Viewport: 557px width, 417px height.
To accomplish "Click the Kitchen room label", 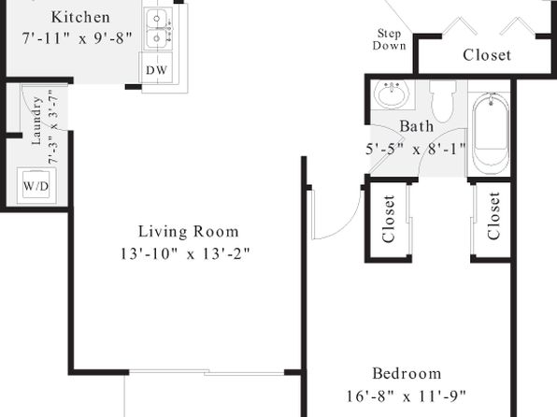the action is tap(80, 17).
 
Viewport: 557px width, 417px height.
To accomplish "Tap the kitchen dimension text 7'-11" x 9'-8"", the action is tap(77, 38).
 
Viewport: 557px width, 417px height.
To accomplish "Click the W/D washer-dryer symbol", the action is tap(36, 185).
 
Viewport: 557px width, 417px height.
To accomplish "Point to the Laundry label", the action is tap(36, 121).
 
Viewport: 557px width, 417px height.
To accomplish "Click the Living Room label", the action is tap(188, 232).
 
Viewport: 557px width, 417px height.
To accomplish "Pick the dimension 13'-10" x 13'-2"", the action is tap(185, 253).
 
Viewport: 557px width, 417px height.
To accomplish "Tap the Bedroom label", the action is tap(407, 374).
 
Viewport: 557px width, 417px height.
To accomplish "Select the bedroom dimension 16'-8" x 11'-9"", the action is tap(406, 395).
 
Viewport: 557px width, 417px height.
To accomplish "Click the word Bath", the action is tap(417, 126).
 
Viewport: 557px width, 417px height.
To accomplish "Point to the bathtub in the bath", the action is tap(490, 134).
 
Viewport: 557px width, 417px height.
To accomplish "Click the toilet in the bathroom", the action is tap(443, 101).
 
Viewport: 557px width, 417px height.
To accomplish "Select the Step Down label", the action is tap(390, 39).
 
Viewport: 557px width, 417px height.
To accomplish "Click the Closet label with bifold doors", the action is tap(487, 55).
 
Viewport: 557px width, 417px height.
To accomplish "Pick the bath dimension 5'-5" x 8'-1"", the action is tap(416, 149).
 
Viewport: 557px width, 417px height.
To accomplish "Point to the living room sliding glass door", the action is tap(207, 372).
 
